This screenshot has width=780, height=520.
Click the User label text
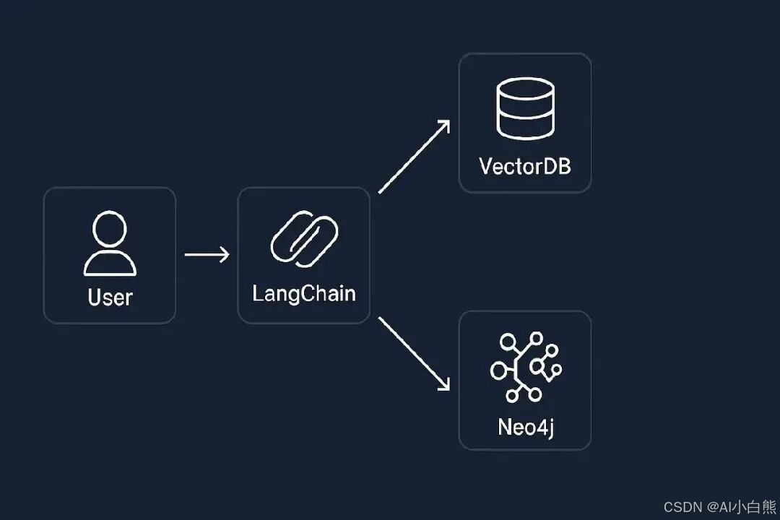click(110, 297)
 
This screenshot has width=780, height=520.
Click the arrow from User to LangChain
click(207, 254)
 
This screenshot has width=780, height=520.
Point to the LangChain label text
click(303, 294)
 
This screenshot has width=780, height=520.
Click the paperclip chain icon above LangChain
click(303, 239)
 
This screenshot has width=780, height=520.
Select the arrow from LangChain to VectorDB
click(414, 157)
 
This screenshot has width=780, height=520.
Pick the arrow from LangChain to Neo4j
click(414, 353)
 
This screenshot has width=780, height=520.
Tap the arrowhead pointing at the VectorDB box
click(444, 126)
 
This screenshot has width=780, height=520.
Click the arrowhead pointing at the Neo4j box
click(443, 384)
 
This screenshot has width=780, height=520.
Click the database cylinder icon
click(525, 108)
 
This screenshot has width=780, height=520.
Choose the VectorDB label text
click(525, 167)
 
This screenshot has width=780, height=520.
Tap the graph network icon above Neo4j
click(525, 366)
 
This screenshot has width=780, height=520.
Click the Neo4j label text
click(525, 427)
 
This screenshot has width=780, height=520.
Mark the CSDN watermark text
click(719, 507)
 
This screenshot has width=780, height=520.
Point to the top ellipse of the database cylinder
click(525, 88)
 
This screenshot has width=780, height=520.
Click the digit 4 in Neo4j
click(542, 427)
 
